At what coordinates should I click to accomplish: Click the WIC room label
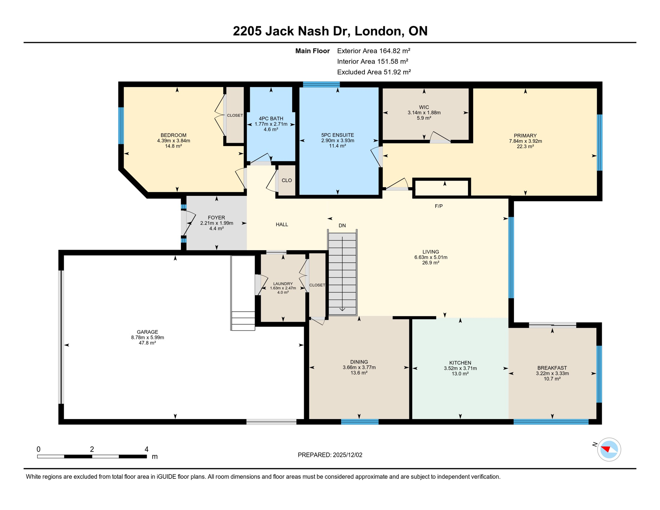[x=424, y=107]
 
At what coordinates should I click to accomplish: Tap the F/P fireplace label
[x=439, y=206]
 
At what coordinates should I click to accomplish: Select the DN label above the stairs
[x=342, y=225]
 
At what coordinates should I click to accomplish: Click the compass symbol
[x=609, y=450]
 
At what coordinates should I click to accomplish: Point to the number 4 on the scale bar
[x=146, y=449]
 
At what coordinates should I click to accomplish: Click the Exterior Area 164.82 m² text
[x=373, y=51]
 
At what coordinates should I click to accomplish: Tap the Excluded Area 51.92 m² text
[x=374, y=72]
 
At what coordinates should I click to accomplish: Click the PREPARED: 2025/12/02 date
[x=330, y=455]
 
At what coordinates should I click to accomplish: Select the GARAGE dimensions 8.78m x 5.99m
[x=147, y=337]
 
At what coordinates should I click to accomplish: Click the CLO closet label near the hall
[x=287, y=180]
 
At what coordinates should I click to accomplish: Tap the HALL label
[x=282, y=224]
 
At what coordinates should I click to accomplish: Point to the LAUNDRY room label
[x=283, y=284]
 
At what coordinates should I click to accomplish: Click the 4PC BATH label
[x=271, y=119]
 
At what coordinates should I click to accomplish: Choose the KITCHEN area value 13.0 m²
[x=460, y=374]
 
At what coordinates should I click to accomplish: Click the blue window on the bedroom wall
[x=121, y=126]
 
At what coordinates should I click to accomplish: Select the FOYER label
[x=216, y=218]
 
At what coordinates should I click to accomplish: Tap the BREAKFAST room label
[x=552, y=368]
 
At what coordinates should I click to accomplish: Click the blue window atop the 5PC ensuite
[x=321, y=84]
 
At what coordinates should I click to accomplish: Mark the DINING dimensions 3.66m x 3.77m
[x=359, y=367]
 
